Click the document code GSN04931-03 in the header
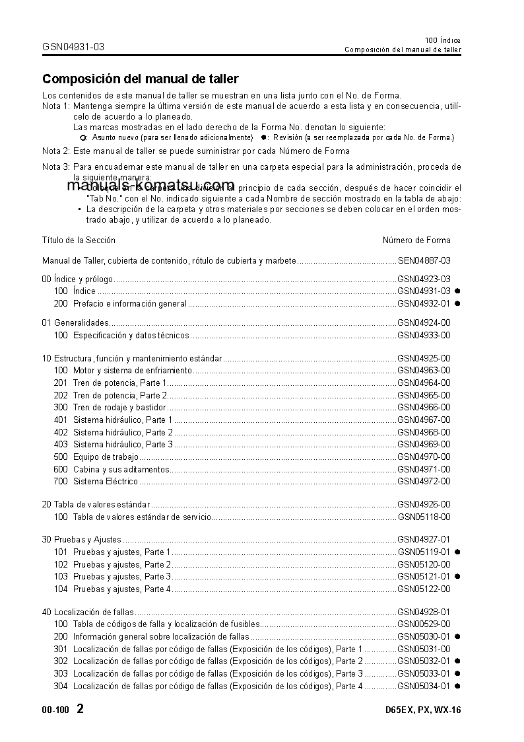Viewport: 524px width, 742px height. [x=73, y=47]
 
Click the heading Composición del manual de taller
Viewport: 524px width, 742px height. [x=140, y=79]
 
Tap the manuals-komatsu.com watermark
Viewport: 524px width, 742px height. [x=150, y=185]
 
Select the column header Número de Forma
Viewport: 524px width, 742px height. [x=416, y=240]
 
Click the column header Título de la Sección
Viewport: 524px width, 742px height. [x=79, y=240]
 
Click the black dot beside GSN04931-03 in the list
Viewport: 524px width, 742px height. [x=457, y=291]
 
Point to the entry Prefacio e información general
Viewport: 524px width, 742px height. [x=129, y=304]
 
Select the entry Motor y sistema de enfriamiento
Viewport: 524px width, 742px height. [x=132, y=371]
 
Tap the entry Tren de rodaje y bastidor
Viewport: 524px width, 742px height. [x=119, y=408]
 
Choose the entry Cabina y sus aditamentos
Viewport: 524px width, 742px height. [x=121, y=469]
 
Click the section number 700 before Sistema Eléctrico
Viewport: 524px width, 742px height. [x=61, y=482]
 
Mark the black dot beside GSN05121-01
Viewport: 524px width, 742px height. [x=457, y=577]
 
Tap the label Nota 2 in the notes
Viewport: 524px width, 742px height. [x=55, y=151]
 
